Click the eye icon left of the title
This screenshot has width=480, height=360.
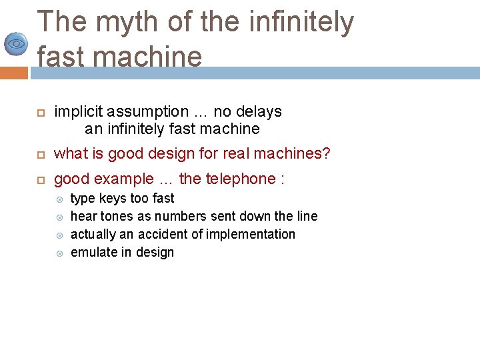click(15, 44)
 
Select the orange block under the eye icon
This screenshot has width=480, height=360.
click(13, 72)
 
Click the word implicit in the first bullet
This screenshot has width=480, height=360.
click(79, 112)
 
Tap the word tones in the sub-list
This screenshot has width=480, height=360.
click(117, 217)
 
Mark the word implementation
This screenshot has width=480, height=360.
click(251, 235)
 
